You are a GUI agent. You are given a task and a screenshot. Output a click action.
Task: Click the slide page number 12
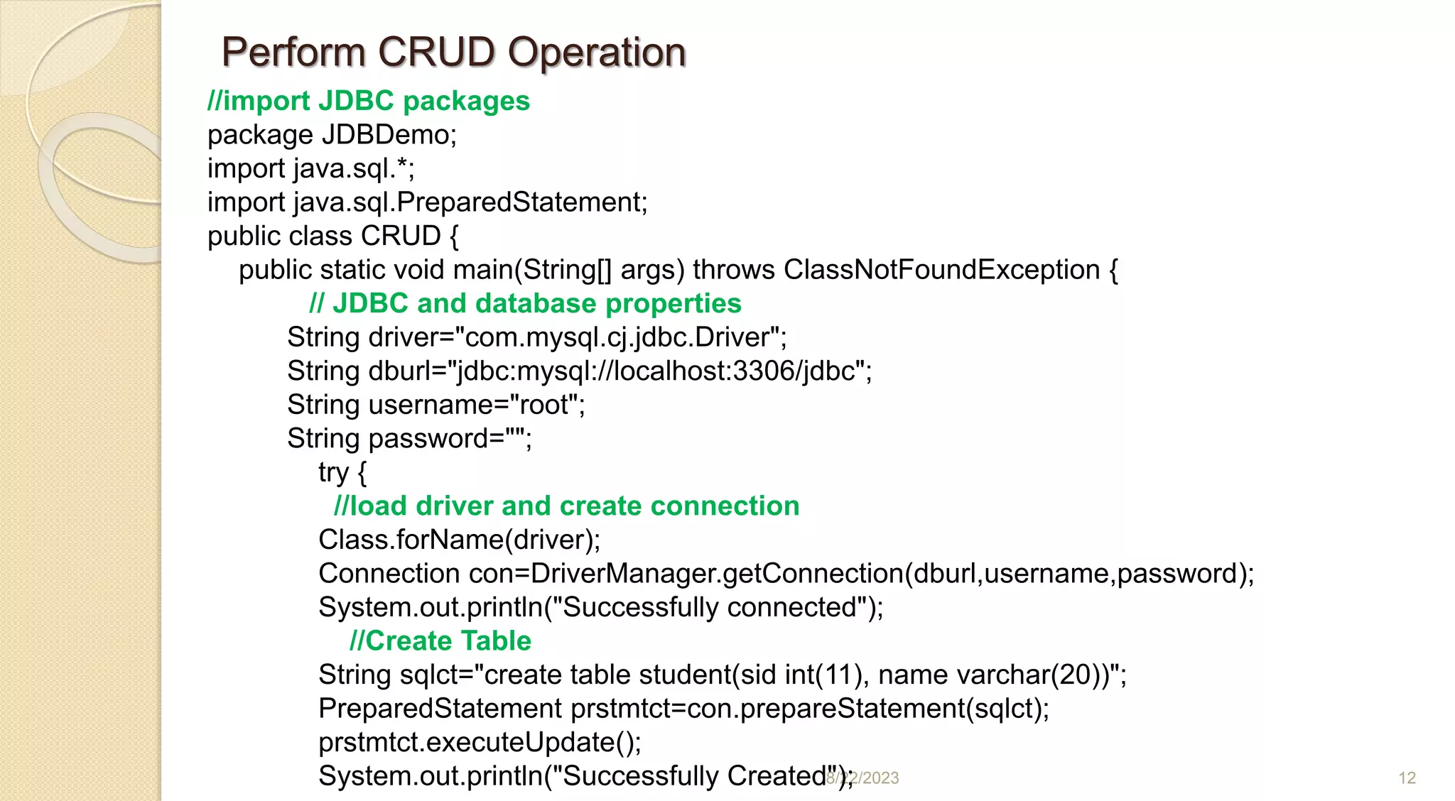point(1407,778)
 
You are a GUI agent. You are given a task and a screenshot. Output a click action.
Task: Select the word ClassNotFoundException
point(942,270)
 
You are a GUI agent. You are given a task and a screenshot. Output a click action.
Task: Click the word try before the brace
point(333,473)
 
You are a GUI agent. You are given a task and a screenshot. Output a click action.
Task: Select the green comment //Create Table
point(440,641)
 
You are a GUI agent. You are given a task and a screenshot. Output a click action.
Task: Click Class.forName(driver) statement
point(459,540)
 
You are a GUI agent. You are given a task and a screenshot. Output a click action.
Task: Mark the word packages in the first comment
point(466,102)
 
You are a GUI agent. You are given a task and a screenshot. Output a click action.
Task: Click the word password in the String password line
point(436,439)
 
